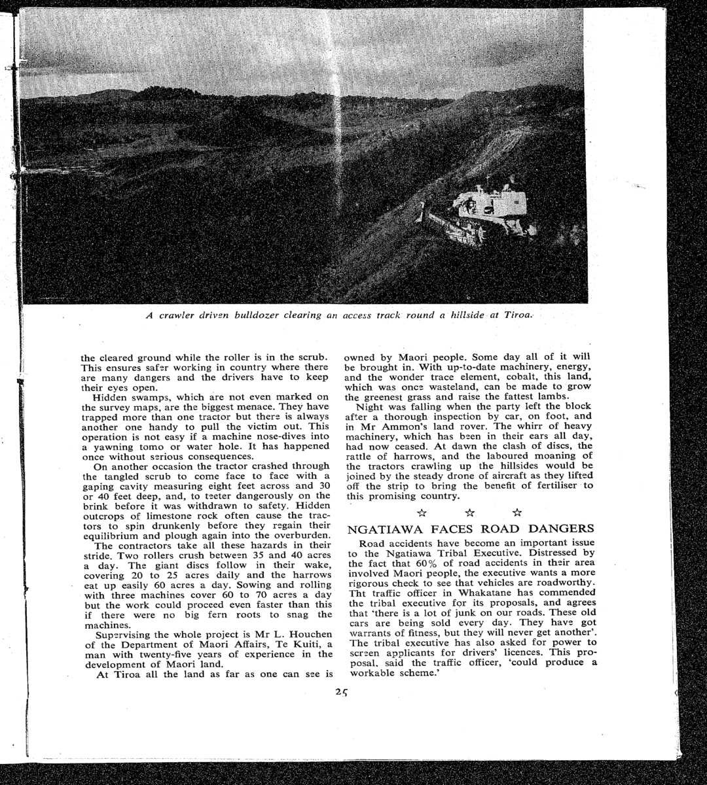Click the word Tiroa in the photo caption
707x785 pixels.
(x=519, y=315)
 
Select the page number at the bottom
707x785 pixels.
(x=341, y=693)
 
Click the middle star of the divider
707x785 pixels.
(x=469, y=512)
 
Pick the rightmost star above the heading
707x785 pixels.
(x=517, y=512)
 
